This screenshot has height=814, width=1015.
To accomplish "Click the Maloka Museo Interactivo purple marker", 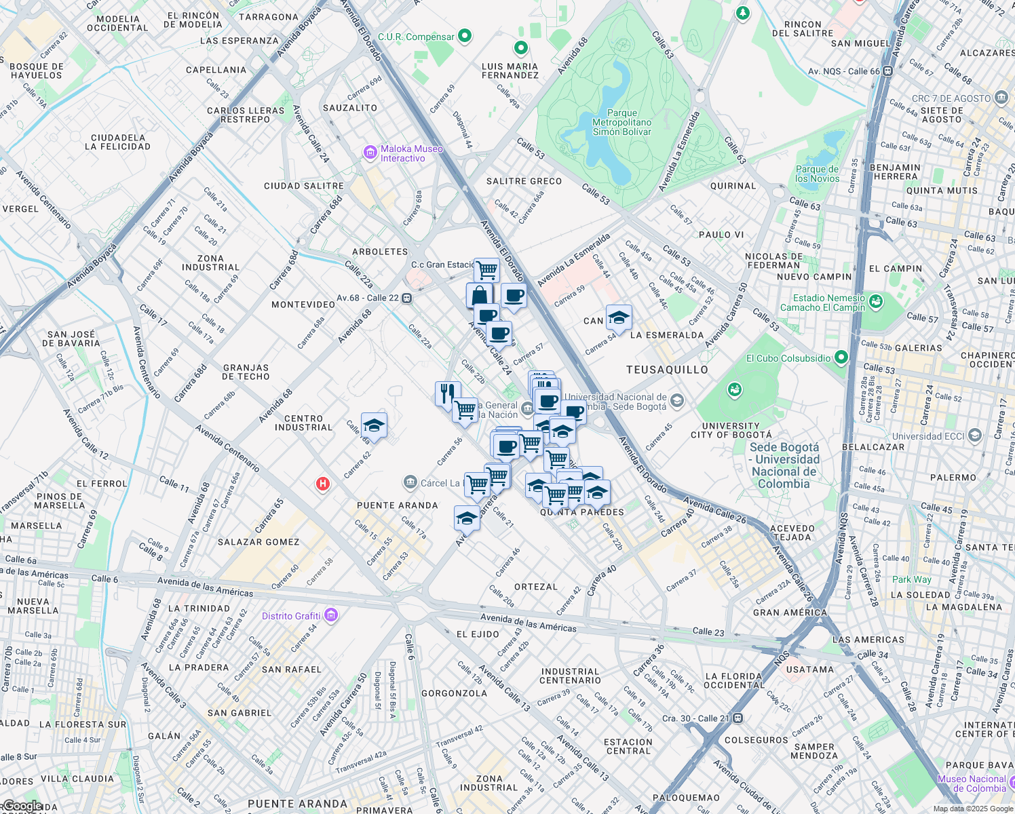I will (x=370, y=153).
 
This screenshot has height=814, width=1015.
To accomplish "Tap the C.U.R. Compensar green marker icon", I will (x=465, y=36).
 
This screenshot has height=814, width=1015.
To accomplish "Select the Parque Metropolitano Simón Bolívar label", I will (x=621, y=123).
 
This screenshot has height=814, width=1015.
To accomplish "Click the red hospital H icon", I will (x=323, y=484).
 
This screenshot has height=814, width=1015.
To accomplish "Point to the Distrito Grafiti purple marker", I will (x=331, y=615).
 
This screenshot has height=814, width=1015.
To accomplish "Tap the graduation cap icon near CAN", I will (x=618, y=317).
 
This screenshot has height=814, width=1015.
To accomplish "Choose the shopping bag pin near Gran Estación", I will (x=479, y=296).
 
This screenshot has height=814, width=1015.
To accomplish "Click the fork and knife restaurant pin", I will (x=447, y=393).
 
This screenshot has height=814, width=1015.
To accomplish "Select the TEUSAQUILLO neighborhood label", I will (x=666, y=370).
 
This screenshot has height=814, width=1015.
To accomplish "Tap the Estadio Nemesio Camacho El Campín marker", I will (x=875, y=301).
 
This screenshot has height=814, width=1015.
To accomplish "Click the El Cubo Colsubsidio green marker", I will (x=841, y=357).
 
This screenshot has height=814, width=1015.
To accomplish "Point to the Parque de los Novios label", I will (x=817, y=174).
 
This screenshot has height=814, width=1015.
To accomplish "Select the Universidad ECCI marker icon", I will (x=975, y=435).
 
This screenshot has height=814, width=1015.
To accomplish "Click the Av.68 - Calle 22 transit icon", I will (x=406, y=298).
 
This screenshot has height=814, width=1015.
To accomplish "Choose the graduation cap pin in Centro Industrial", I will (x=374, y=425).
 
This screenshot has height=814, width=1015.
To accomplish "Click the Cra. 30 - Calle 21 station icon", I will (x=738, y=718).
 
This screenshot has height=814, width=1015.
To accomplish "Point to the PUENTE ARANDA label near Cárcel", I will (x=397, y=505).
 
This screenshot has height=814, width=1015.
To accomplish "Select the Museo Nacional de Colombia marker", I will (x=971, y=783).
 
